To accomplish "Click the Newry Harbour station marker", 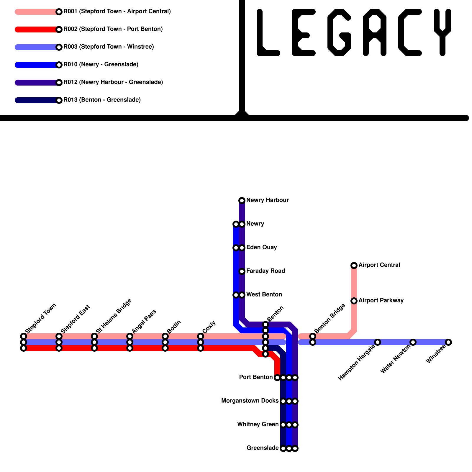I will pyautogui.click(x=242, y=201).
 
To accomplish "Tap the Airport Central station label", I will pyautogui.click(x=379, y=265).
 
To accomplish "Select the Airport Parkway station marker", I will pyautogui.click(x=354, y=301).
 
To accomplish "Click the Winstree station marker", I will pyautogui.click(x=448, y=342).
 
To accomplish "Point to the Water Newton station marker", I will pyautogui.click(x=413, y=342).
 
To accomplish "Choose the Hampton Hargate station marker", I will pyautogui.click(x=378, y=342).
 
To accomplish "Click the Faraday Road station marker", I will pyautogui.click(x=242, y=271).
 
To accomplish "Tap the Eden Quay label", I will pyautogui.click(x=261, y=247).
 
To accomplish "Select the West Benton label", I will pyautogui.click(x=264, y=294).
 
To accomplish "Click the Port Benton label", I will pyautogui.click(x=256, y=377).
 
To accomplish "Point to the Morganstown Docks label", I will pyautogui.click(x=250, y=401).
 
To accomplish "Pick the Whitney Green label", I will pyautogui.click(x=258, y=424).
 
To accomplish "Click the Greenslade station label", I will pyautogui.click(x=263, y=448).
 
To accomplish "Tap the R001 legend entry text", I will pyautogui.click(x=117, y=12).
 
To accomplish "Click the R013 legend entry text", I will pyautogui.click(x=102, y=100).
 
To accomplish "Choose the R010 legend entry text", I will pyautogui.click(x=101, y=64).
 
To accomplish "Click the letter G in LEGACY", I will pyautogui.click(x=339, y=32).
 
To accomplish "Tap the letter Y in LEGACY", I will pyautogui.click(x=442, y=32).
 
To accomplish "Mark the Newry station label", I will pyautogui.click(x=255, y=224).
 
